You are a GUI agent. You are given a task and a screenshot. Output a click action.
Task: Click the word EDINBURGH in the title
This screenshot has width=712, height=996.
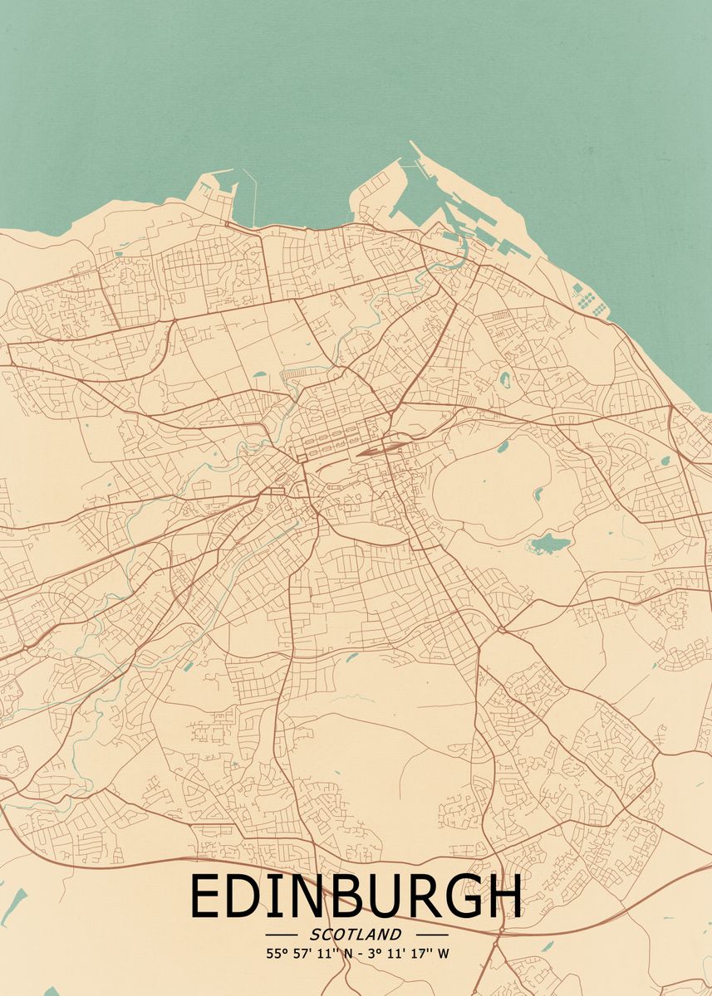click(356, 897)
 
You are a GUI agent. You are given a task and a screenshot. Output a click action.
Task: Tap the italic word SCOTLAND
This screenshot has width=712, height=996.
click(356, 935)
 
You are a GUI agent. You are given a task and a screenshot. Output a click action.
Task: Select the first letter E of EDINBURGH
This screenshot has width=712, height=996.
click(203, 897)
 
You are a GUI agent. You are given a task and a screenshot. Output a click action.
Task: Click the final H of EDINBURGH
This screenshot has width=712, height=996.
click(505, 897)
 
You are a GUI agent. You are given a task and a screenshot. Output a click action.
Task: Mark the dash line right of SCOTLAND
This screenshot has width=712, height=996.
click(430, 935)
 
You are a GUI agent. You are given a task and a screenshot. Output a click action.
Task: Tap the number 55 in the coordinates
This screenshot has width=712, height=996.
click(273, 954)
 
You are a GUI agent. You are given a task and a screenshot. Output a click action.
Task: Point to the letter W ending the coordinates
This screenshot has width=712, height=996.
click(444, 954)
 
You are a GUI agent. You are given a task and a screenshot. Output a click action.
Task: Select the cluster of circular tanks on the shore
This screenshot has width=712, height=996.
click(589, 300)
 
